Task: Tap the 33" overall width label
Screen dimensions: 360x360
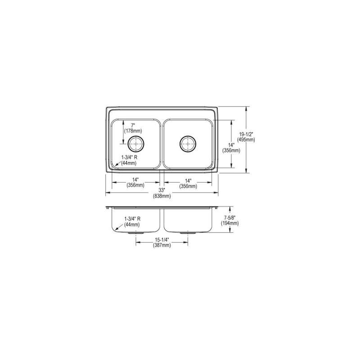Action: [x=162, y=190]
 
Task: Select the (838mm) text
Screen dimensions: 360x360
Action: [x=162, y=196]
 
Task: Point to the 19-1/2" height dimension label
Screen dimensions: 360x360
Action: [x=246, y=134]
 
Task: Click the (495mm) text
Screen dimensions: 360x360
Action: [x=246, y=139]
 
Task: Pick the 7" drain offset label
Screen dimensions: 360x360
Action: [x=133, y=126]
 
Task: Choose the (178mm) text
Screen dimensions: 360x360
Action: [x=133, y=131]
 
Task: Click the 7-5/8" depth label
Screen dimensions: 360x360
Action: [x=230, y=218]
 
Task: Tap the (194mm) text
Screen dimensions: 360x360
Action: [x=230, y=223]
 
